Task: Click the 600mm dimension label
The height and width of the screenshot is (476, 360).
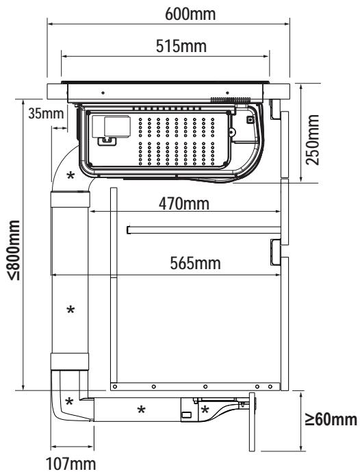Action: pos(190,14)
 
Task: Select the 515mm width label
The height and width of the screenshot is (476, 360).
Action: pos(181,46)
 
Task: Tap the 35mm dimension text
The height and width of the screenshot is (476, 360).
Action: pos(46,114)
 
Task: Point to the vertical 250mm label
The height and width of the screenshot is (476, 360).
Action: pos(312,140)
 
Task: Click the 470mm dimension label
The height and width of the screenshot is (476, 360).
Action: pos(184,203)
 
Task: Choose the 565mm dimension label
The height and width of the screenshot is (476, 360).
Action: pos(195,263)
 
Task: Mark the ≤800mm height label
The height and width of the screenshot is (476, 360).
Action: pos(14,250)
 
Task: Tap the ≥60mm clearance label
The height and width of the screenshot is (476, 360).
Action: pos(331,420)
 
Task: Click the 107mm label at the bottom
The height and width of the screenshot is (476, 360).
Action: pos(70,464)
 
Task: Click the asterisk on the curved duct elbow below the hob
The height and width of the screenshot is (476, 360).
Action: pos(70,175)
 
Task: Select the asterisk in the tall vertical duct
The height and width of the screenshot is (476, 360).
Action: pos(70,310)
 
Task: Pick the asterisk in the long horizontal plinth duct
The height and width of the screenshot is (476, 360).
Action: pos(141,410)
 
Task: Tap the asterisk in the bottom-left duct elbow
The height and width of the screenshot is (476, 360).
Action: pos(69,401)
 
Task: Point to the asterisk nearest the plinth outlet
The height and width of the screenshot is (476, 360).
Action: pos(205,410)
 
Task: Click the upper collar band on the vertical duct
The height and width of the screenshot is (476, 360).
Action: pos(70,199)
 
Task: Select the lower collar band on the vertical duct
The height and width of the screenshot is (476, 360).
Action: pos(70,362)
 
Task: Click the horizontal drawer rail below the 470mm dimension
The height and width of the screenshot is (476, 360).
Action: pos(204,230)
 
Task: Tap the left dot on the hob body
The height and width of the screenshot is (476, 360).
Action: pos(103,92)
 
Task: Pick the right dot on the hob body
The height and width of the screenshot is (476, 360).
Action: pos(227,92)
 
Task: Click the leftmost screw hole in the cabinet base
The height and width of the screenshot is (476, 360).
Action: pos(115,386)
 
